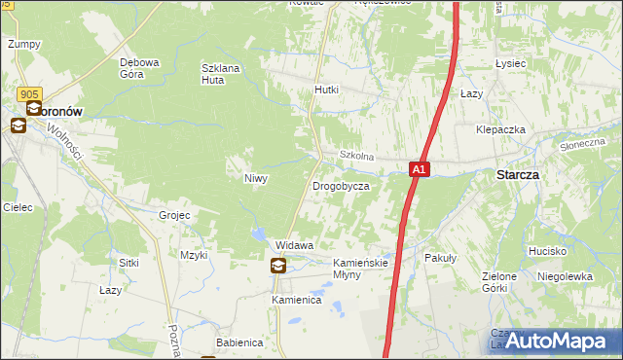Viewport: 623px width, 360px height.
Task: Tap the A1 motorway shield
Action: click(x=418, y=169)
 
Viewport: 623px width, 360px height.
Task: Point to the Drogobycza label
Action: click(x=340, y=185)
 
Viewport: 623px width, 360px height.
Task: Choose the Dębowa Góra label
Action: click(x=139, y=68)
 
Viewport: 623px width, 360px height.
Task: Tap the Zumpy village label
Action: click(x=22, y=44)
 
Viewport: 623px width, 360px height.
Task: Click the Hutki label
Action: click(x=326, y=90)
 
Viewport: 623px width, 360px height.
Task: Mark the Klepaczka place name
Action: click(x=500, y=129)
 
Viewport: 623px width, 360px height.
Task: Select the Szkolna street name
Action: click(x=356, y=156)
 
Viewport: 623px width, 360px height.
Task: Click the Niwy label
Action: click(x=255, y=179)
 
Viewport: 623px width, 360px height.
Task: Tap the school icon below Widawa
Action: click(x=278, y=266)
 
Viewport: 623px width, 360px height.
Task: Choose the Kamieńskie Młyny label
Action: click(x=361, y=269)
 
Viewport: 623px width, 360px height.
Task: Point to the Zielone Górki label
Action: click(x=499, y=282)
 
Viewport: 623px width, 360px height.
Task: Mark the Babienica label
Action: click(x=239, y=342)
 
